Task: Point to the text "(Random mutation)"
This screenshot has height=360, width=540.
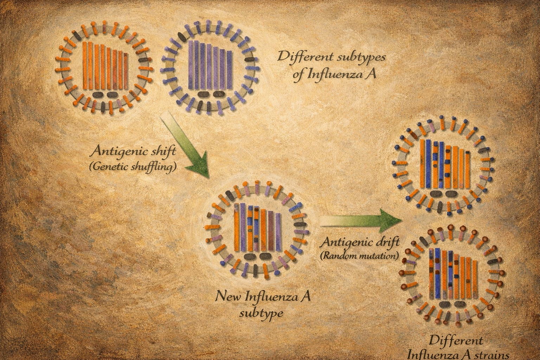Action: (x=360, y=256)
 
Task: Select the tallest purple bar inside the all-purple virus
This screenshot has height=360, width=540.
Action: (x=191, y=65)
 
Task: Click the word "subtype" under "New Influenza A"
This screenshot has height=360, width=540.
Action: (x=261, y=313)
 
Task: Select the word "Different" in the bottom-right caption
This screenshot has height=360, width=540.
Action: (x=456, y=341)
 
